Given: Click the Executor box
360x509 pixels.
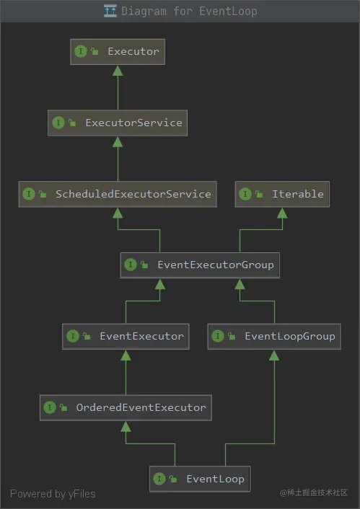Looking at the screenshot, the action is click(118, 52).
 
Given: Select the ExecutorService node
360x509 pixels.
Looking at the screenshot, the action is click(118, 123).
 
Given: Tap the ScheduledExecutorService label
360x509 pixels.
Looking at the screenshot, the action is click(133, 194).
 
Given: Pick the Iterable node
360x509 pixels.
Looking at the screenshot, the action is click(282, 194).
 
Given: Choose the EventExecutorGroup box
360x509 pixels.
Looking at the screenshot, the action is click(200, 265).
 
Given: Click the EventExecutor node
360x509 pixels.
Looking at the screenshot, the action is click(126, 336).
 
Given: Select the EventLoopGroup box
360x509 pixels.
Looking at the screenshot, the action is click(274, 336).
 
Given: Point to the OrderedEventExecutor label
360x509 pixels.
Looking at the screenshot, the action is click(141, 407).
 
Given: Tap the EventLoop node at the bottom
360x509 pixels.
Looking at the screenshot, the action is click(200, 479).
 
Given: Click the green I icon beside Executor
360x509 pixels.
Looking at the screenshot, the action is click(81, 51).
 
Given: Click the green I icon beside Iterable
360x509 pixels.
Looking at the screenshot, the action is click(245, 194).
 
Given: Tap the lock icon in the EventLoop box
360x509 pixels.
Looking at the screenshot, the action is click(173, 479).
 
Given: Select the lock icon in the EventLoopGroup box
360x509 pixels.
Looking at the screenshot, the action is click(232, 336).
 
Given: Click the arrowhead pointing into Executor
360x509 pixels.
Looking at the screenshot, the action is click(118, 71).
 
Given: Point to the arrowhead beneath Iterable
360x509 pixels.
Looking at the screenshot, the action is click(282, 213).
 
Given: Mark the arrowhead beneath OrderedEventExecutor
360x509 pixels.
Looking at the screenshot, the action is click(126, 427).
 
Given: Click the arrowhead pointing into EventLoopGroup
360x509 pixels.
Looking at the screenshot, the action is click(274, 355).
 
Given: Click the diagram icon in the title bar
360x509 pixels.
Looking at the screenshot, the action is click(110, 11).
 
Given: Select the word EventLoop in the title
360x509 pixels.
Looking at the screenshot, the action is click(228, 11).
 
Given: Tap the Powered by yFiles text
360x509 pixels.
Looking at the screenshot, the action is click(53, 494).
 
